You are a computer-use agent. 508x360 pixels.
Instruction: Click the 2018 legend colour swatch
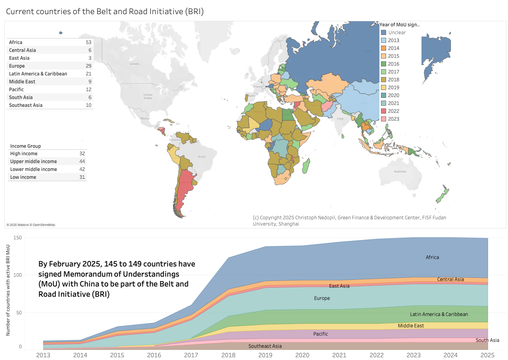tap(384, 80)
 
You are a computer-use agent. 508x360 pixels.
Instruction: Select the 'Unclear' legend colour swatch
tap(384, 33)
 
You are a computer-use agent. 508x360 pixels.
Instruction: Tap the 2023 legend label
tap(394, 119)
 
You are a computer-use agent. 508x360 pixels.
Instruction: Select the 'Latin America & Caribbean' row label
tap(38, 74)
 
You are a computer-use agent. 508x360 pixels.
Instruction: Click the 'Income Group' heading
tap(26, 146)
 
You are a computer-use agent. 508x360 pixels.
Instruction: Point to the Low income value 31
tap(82, 177)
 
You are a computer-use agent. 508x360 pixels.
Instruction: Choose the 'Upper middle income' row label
tap(33, 162)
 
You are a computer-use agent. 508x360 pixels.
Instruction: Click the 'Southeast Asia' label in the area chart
tap(265, 346)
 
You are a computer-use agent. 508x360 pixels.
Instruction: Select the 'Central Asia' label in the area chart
tap(450, 279)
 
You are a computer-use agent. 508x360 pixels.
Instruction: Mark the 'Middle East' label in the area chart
tap(410, 326)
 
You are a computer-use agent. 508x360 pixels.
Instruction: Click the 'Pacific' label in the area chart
tap(320, 334)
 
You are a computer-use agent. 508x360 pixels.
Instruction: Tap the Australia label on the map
tap(400, 172)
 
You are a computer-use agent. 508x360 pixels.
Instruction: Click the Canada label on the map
tap(134, 64)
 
